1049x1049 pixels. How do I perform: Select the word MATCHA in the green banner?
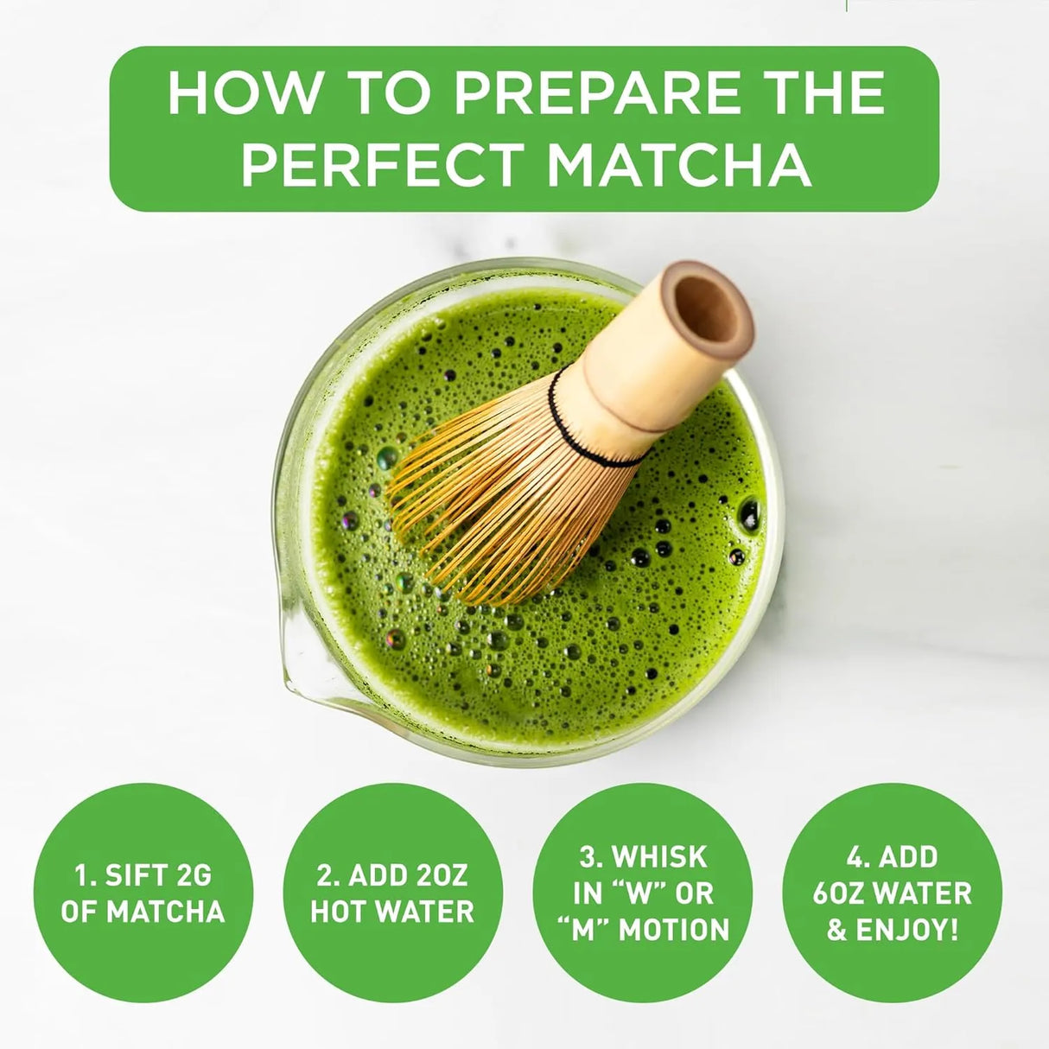680,165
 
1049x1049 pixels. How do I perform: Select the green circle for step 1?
143,893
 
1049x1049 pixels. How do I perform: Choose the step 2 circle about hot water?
392,893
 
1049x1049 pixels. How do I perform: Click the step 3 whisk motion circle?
643,893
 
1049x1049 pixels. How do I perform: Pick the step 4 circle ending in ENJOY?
893,893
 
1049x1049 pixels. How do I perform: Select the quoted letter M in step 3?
581,930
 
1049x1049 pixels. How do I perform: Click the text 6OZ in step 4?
843,893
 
